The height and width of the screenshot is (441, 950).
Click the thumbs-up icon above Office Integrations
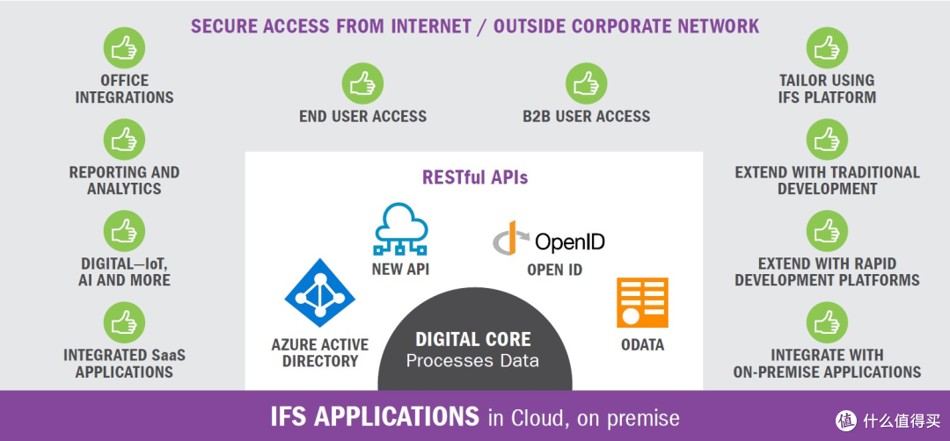pos(124,49)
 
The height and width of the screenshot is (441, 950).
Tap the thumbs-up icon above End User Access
pos(362,83)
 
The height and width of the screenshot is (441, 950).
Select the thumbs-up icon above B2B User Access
pos(586,83)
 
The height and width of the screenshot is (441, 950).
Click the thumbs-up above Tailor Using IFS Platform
pos(827,49)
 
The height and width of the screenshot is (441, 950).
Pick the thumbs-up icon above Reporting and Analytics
pos(124,141)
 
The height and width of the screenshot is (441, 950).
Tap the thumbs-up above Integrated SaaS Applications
pos(124,322)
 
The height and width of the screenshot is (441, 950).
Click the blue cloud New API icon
pos(400,228)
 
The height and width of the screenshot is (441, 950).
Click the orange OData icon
pos(642,303)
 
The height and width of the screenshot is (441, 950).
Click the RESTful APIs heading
pos(475,177)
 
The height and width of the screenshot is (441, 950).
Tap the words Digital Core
pos(473,339)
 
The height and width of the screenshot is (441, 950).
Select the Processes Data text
pos(473,360)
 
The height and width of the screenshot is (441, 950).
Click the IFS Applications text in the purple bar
pos(375,416)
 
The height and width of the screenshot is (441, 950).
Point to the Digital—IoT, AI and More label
pos(124,271)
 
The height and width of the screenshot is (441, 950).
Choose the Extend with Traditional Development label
pos(827,180)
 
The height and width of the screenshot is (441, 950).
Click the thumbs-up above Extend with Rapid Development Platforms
pos(827,231)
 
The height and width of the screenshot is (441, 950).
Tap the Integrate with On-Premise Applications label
pos(827,363)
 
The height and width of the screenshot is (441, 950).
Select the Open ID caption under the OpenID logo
pos(554,270)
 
